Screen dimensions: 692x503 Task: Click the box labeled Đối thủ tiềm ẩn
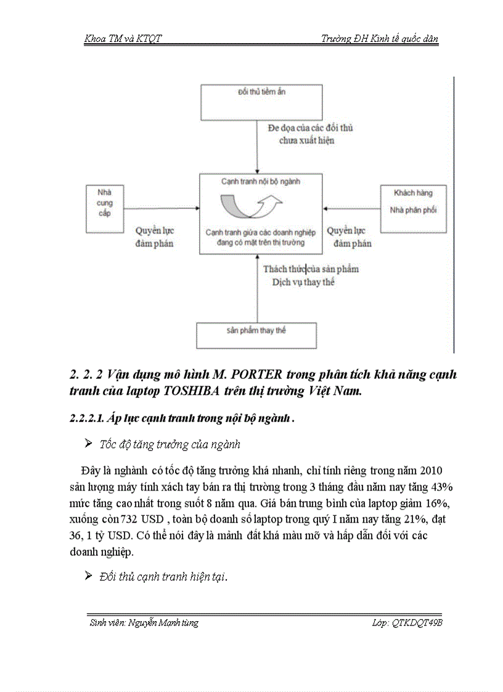click(x=261, y=102)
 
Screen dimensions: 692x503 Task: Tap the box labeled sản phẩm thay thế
click(x=256, y=335)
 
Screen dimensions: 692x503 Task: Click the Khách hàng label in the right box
click(x=413, y=193)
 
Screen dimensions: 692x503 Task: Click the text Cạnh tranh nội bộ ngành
click(x=261, y=182)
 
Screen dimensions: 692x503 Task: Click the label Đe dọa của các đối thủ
click(x=310, y=128)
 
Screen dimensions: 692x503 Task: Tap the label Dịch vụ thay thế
click(x=303, y=283)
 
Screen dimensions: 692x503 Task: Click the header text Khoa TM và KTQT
click(x=123, y=39)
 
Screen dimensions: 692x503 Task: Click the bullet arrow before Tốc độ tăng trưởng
click(x=88, y=444)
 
